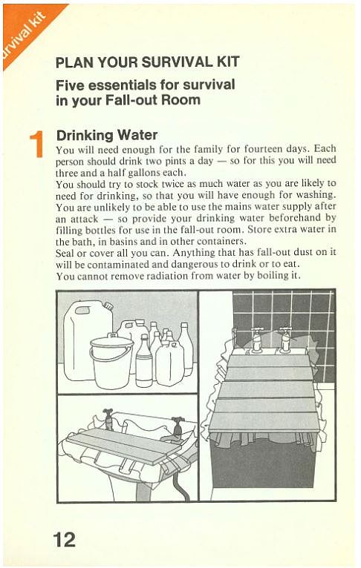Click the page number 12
(x=65, y=539)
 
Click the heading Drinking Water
(x=107, y=135)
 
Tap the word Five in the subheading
(x=71, y=84)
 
